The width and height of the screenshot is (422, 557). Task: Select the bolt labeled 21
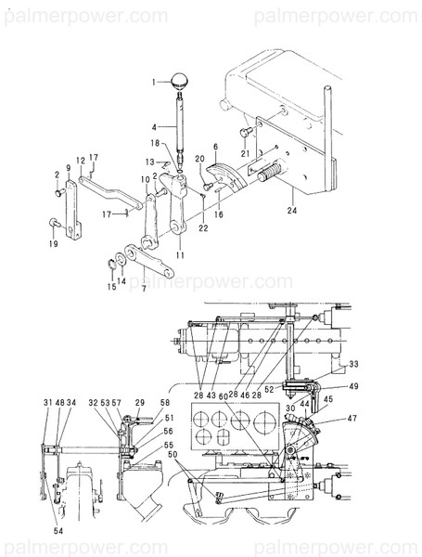pos(244,132)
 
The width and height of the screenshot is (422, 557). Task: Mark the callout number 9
pos(68,169)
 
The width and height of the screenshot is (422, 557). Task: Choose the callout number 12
pos(81,161)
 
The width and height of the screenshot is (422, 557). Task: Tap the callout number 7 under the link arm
pos(143,289)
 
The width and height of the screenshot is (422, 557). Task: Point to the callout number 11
pos(178,254)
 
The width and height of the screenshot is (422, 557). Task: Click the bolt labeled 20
pos(209,186)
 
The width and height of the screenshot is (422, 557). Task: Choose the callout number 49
pos(353,386)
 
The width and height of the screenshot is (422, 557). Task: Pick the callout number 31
pos(46,402)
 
